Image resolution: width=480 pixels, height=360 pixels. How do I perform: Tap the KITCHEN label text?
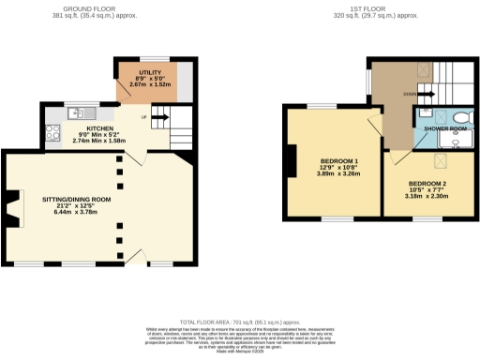coord(100,127)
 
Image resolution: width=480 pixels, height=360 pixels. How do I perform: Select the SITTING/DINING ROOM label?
coord(76,200)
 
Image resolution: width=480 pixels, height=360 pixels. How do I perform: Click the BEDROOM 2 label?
coord(427,183)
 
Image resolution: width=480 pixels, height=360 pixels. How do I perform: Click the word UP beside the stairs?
coord(142,118)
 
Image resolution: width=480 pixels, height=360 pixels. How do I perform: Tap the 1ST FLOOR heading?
coord(364,9)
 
